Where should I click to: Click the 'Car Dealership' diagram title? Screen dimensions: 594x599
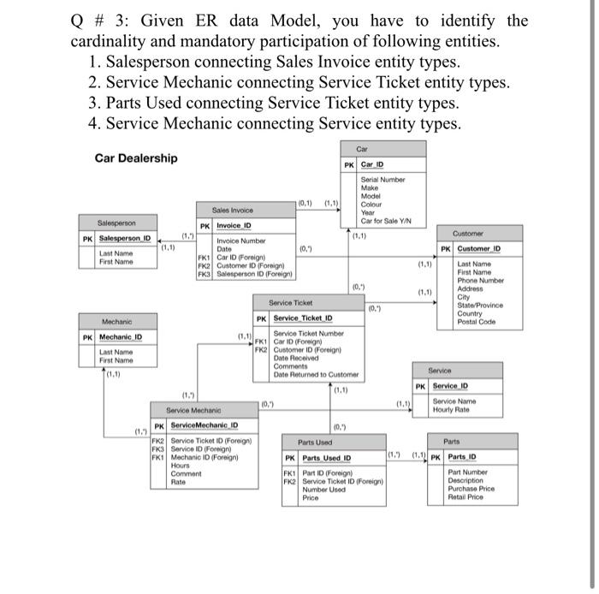(136, 158)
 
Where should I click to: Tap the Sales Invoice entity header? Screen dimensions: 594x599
(233, 209)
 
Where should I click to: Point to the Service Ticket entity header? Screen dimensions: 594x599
(291, 303)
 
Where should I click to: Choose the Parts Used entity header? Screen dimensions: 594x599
(315, 442)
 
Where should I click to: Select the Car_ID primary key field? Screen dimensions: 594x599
(372, 164)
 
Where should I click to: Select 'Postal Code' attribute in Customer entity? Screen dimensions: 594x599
(476, 322)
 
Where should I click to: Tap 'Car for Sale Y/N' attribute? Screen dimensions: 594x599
(386, 221)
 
